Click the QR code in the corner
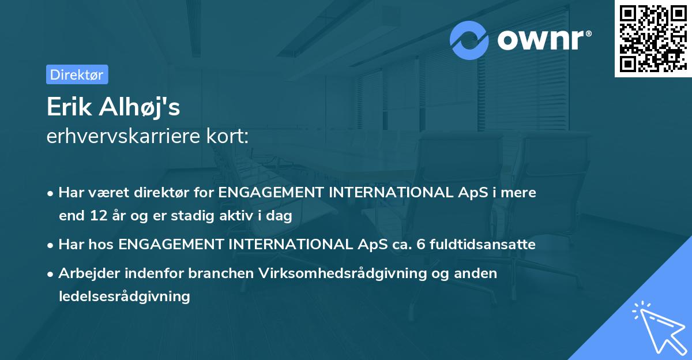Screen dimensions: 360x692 click(x=653, y=39)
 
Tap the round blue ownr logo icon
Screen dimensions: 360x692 click(x=469, y=40)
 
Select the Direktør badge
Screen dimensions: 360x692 click(x=77, y=74)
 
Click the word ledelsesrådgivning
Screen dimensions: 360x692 click(x=124, y=297)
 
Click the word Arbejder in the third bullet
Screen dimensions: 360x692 click(x=85, y=273)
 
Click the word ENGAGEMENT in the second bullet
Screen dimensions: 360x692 click(x=171, y=245)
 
